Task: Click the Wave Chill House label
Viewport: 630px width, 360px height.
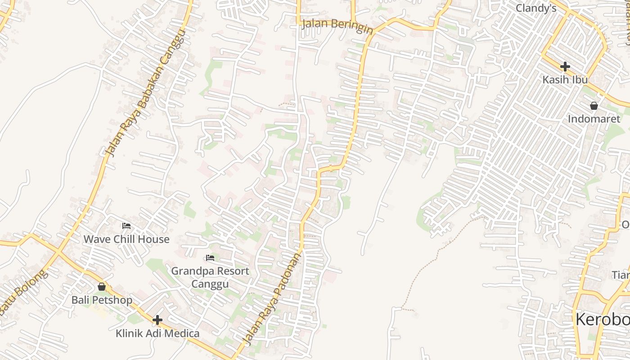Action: coord(126,239)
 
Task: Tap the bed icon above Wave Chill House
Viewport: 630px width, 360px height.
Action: coord(126,226)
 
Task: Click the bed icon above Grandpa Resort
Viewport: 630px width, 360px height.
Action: coord(210,258)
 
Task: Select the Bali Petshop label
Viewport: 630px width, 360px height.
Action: coord(102,300)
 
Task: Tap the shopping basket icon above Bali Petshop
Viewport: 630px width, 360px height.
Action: coord(102,287)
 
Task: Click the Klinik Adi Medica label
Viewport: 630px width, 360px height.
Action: coord(157,333)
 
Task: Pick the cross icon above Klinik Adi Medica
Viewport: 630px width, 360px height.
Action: coord(157,320)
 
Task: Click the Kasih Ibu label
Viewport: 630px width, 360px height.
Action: coord(565,80)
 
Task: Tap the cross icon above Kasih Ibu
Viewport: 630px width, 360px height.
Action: coord(565,67)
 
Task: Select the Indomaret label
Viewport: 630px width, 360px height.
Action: coord(594,119)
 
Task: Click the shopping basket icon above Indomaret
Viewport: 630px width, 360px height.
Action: coord(594,106)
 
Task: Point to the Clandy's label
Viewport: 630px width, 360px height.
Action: coord(536,8)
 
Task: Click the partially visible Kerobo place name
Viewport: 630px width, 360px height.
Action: coord(603,319)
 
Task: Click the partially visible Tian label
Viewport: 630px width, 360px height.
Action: coord(621,274)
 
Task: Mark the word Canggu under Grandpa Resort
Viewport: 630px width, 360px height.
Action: coord(210,284)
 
